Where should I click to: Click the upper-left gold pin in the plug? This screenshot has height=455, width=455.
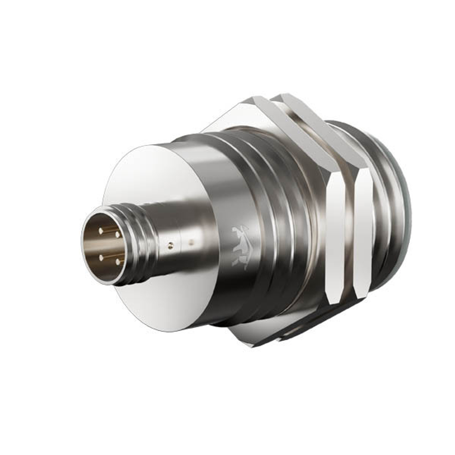click(x=101, y=231)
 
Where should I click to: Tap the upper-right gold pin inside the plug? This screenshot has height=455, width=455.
click(x=117, y=235)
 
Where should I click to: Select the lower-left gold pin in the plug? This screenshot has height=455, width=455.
click(x=101, y=258)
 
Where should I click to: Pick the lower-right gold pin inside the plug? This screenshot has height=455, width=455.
click(x=118, y=262)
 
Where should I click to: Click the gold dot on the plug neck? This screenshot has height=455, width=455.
click(x=170, y=246)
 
